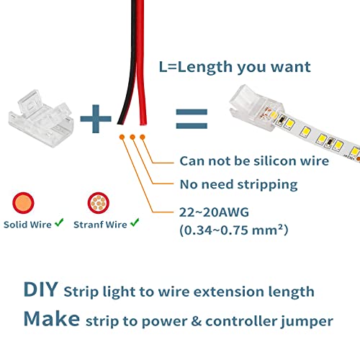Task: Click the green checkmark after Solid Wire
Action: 59,225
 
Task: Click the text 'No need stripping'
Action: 238,184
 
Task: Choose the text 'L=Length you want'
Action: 235,67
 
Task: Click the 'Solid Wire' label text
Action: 27,225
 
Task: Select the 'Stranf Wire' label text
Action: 99,225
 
